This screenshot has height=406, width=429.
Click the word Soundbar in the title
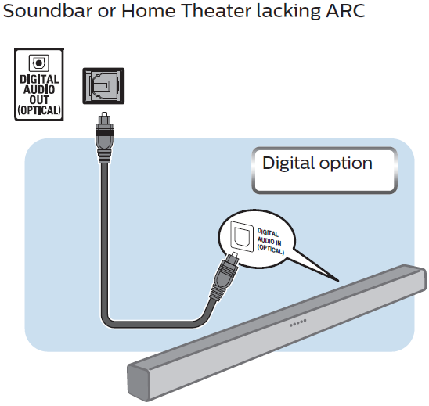(x=48, y=11)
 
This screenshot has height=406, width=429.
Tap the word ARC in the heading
(x=345, y=11)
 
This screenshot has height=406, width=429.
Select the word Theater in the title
(x=216, y=11)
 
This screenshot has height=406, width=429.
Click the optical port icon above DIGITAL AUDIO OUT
(x=39, y=63)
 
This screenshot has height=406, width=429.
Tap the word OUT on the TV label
(x=39, y=100)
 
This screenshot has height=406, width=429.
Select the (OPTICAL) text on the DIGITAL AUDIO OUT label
(x=39, y=110)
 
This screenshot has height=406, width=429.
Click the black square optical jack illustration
(x=103, y=86)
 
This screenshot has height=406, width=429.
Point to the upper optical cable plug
(x=103, y=138)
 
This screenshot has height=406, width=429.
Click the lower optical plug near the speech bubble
(x=224, y=276)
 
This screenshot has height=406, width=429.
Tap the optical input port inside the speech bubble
(x=242, y=236)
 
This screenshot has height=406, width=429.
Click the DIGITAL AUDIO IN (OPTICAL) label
(x=270, y=241)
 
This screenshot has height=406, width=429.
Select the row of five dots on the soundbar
(x=298, y=323)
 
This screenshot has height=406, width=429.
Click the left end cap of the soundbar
(x=139, y=383)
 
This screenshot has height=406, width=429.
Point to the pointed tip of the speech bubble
(x=338, y=281)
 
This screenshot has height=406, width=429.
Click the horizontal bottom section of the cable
(x=152, y=324)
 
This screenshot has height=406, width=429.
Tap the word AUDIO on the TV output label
(x=39, y=90)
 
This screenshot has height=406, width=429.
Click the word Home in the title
(x=149, y=11)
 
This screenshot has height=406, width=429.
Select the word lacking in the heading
(x=288, y=11)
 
